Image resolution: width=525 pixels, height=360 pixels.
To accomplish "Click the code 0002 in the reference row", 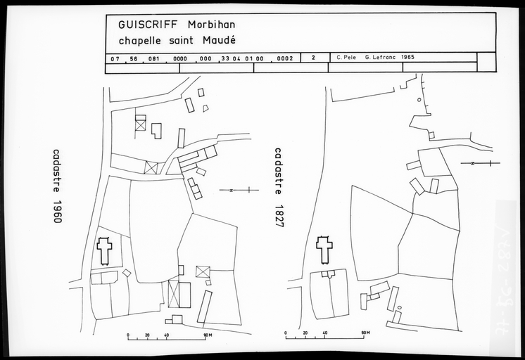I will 285,58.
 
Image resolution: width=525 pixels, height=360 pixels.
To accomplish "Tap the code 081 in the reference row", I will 156,58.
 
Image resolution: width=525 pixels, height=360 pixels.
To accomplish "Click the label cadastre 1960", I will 57,186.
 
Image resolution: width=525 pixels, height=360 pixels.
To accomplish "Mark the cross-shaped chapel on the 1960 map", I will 104,251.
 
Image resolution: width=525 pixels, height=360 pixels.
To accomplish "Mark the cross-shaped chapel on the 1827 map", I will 324,250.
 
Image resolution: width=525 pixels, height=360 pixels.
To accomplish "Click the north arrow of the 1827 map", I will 479,163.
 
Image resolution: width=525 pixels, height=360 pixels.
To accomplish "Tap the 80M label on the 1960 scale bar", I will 208,335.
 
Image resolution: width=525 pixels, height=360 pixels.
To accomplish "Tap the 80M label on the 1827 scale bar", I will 365,331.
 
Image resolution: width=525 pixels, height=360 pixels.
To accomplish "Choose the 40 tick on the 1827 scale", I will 324,331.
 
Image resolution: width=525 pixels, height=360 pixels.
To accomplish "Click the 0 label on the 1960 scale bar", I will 127,335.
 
